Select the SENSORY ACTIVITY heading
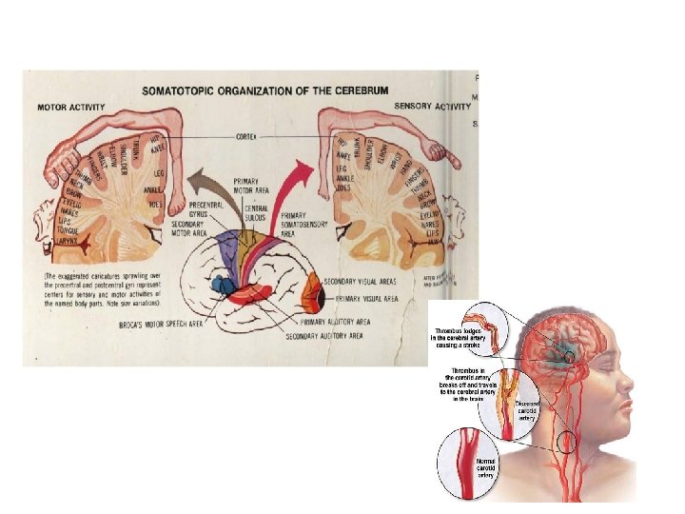point(431,107)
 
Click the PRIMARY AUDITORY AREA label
point(326,323)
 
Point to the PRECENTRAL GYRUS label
point(204,210)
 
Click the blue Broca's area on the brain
point(224,284)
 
